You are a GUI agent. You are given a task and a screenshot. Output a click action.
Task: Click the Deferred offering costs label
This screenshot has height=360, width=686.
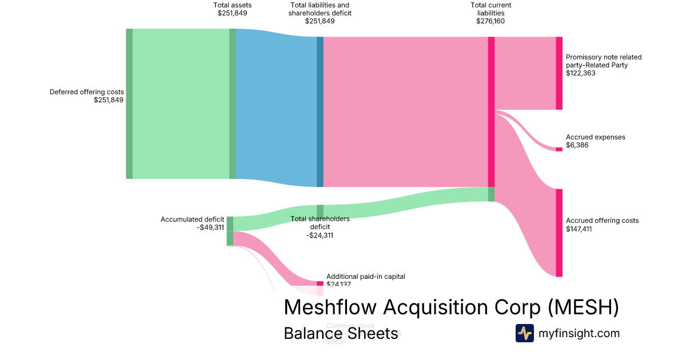click(87, 91)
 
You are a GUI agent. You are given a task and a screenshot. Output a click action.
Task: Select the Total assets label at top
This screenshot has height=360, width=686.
click(232, 5)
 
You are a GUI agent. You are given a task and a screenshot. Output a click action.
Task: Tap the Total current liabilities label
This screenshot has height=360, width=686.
click(490, 9)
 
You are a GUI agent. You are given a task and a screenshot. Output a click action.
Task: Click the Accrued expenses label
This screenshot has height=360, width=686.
click(595, 137)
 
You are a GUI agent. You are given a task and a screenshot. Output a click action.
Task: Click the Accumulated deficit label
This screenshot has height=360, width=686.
click(192, 219)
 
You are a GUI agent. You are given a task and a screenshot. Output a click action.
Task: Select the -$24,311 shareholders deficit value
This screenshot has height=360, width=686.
click(320, 235)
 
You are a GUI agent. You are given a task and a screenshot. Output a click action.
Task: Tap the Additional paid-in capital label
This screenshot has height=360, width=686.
click(365, 277)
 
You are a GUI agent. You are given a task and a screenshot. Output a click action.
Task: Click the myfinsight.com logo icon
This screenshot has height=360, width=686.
click(524, 333)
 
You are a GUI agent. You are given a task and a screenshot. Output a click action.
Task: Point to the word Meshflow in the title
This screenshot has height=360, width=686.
click(330, 307)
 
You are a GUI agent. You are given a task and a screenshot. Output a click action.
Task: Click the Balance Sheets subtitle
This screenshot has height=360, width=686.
click(341, 333)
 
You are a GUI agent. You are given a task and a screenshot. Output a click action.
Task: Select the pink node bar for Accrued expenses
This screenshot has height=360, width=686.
click(559, 149)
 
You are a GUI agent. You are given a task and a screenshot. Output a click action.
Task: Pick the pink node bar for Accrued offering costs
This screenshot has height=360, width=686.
click(559, 233)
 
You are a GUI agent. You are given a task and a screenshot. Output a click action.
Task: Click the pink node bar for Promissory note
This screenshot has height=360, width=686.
click(559, 73)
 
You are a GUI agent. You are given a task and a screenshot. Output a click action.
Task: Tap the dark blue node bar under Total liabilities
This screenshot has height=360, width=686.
click(320, 111)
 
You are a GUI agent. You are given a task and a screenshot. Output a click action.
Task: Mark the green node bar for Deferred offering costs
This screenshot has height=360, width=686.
click(129, 103)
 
